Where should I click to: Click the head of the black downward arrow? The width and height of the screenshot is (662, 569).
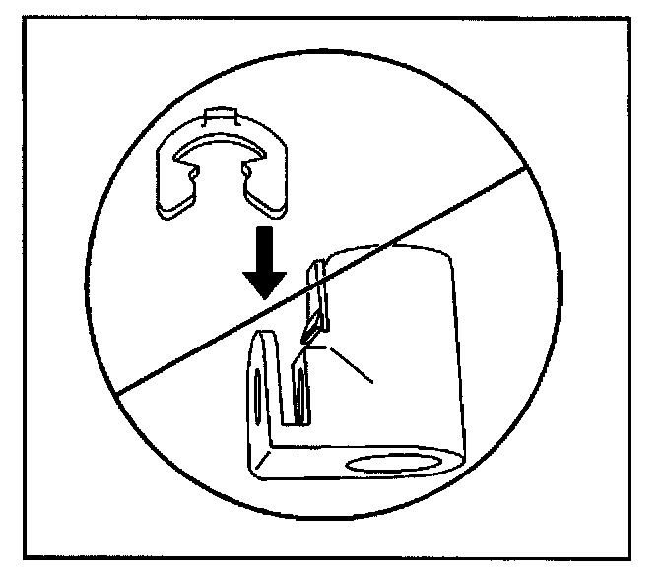(264, 282)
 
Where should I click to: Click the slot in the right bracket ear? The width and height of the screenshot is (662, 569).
(300, 399)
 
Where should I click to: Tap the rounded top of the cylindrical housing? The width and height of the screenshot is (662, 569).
(389, 254)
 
